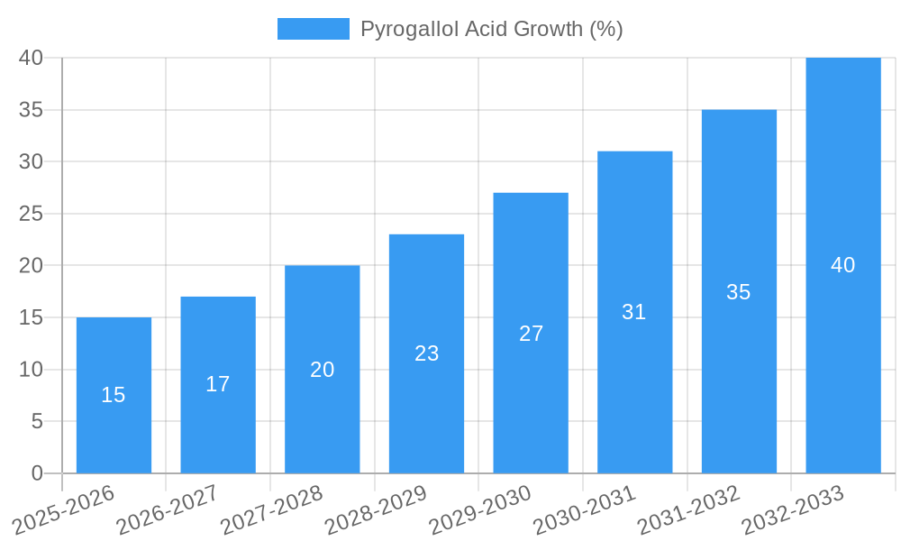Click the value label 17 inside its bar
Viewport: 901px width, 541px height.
tap(218, 384)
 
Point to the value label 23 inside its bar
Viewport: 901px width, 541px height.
tap(427, 353)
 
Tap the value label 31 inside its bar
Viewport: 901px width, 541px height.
tap(634, 312)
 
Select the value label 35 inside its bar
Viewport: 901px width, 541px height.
tap(739, 292)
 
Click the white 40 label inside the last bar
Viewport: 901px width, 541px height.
tap(843, 265)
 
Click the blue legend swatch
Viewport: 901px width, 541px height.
tap(313, 29)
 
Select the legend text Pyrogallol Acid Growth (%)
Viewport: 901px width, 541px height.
tap(492, 29)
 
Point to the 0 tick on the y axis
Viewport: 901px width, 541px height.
tap(37, 473)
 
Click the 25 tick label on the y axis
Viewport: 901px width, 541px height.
tap(32, 214)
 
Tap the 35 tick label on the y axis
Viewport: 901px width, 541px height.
tap(32, 110)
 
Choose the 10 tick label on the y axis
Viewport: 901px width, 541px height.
tap(32, 370)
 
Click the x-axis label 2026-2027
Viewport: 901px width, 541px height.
tap(168, 510)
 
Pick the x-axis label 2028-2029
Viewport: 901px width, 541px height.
tap(376, 510)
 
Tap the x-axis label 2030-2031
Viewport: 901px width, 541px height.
tap(585, 510)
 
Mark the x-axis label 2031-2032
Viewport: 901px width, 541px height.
tap(689, 510)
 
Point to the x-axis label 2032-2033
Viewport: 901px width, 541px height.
tap(794, 510)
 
